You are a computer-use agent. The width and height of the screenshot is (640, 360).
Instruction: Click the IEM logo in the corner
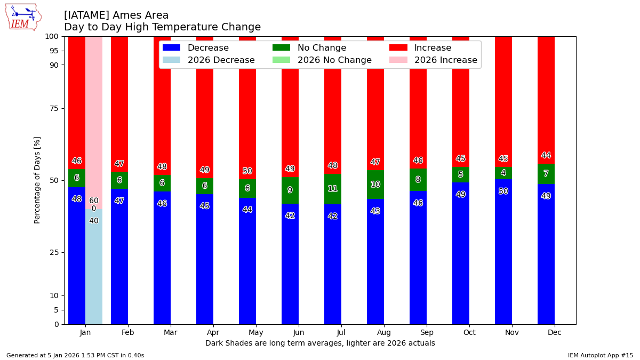pos(23,17)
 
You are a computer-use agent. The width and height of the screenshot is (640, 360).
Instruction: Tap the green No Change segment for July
pos(333,189)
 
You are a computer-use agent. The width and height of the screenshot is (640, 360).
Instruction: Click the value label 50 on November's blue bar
pos(503,191)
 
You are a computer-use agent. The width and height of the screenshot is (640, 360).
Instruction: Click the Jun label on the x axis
pos(299,332)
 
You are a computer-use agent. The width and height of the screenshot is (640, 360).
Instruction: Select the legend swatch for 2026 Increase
pos(398,60)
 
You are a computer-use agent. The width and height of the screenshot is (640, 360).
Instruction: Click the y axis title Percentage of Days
pos(37,180)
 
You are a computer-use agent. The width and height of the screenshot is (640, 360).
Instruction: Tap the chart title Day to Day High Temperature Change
pos(162,27)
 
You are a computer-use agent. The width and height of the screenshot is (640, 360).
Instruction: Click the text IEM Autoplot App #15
pos(600,355)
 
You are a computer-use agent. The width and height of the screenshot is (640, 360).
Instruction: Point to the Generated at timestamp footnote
pos(75,355)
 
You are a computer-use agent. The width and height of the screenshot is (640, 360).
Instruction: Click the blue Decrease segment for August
pos(375,261)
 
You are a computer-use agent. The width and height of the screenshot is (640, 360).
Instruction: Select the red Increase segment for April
pos(205,107)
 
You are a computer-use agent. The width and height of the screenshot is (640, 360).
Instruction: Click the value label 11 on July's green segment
pos(333,189)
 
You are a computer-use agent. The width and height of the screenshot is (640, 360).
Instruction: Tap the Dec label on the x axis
pos(546,332)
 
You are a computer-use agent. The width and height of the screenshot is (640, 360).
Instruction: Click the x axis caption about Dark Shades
pos(320,343)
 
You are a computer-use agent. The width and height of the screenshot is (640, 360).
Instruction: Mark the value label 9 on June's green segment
pos(290,190)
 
